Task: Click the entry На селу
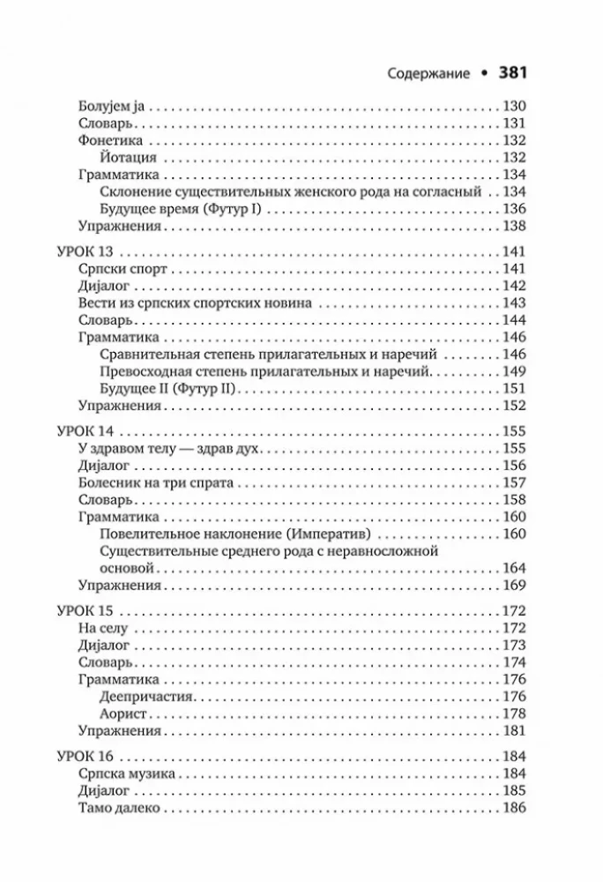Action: coord(103,628)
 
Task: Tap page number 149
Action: coord(513,371)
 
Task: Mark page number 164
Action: coord(513,568)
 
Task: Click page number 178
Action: coord(513,714)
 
